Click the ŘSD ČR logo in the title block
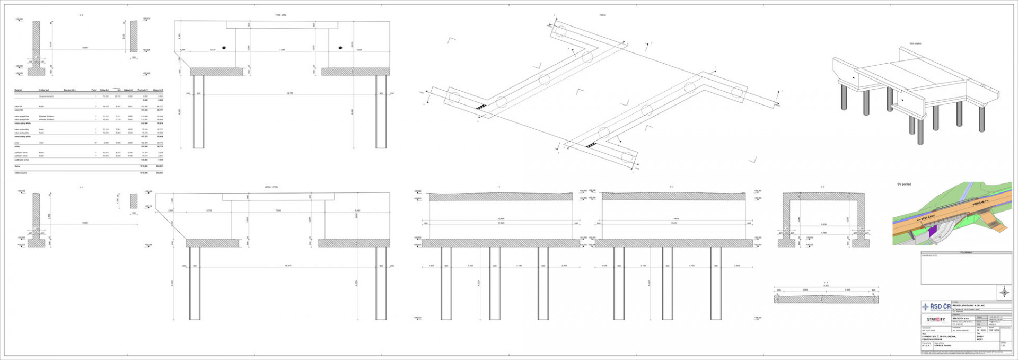pos(934,307)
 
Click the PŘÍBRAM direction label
pos(979,203)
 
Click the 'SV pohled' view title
pos(903,185)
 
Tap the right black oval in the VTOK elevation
pos(340,48)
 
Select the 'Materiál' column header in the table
pos(18,90)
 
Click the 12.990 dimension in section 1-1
pos(501,218)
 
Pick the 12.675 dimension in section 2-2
pos(674,218)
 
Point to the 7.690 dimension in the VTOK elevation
pos(282,50)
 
